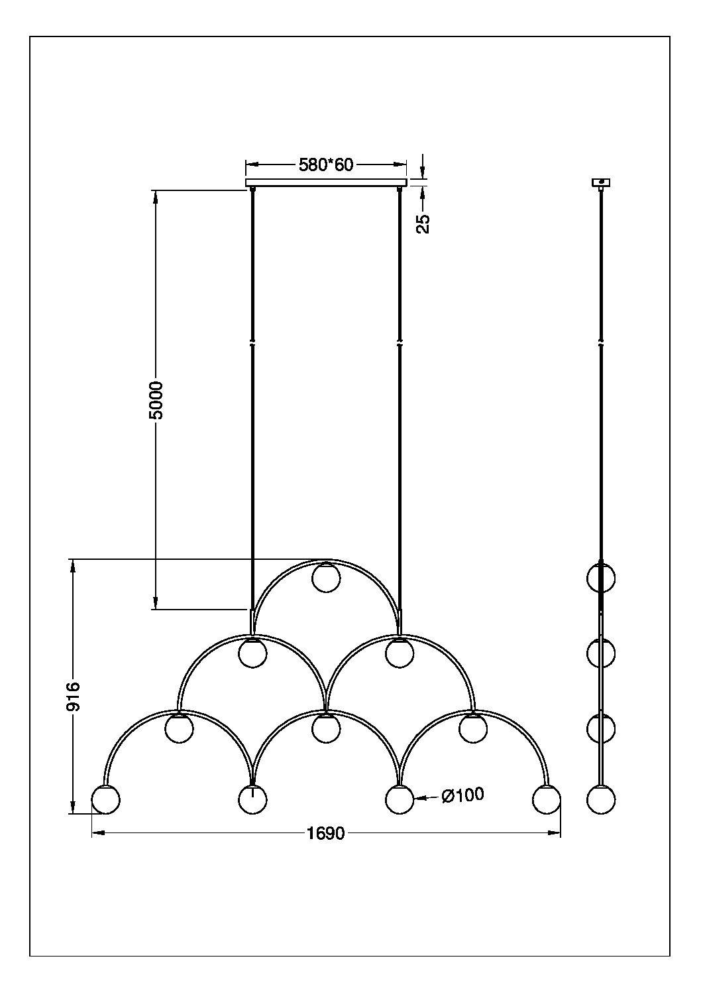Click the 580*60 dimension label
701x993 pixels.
326,165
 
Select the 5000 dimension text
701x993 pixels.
156,400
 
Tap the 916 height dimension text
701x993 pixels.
72,696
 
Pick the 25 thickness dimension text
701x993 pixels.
423,224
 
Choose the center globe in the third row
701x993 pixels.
326,728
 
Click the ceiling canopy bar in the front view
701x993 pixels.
326,182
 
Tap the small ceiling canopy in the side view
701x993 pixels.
601,182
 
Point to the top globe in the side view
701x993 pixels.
601,578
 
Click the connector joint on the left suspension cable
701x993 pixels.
252,344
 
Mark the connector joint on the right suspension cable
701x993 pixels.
400,344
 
